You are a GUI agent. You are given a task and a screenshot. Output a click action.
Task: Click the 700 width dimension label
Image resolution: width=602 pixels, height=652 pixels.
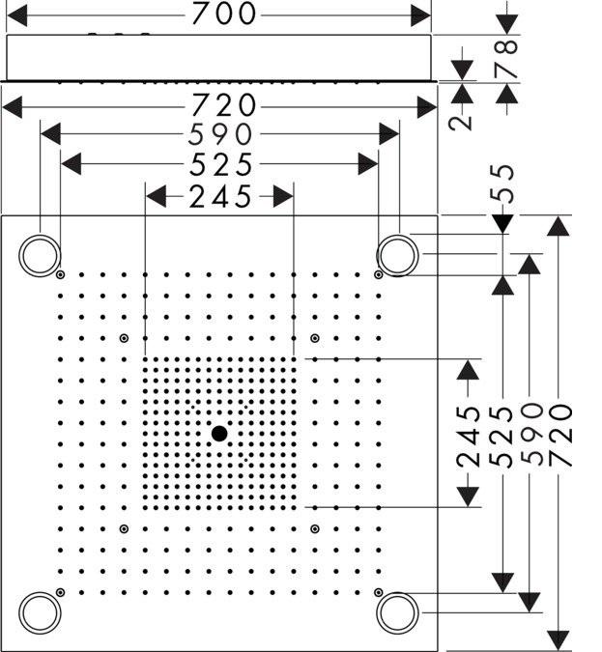pyautogui.click(x=224, y=14)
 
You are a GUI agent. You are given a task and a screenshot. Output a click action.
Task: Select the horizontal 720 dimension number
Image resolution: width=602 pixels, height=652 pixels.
pyautogui.click(x=224, y=104)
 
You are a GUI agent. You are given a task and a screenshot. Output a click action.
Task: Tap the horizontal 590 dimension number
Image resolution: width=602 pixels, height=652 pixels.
pyautogui.click(x=220, y=134)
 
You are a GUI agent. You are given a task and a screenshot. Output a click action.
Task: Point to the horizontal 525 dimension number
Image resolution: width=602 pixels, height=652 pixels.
pyautogui.click(x=220, y=164)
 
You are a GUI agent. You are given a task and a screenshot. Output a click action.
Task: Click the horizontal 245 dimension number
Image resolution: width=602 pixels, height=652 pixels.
pyautogui.click(x=220, y=197)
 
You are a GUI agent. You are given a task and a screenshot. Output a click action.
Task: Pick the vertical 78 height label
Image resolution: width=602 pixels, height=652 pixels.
pyautogui.click(x=506, y=59)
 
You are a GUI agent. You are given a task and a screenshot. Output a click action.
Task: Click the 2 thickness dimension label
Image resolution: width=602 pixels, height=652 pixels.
pyautogui.click(x=461, y=123)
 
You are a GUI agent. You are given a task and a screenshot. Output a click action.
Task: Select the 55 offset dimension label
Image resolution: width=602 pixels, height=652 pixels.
pyautogui.click(x=502, y=184)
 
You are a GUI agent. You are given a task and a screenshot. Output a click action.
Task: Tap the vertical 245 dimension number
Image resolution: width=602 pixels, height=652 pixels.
pyautogui.click(x=468, y=437)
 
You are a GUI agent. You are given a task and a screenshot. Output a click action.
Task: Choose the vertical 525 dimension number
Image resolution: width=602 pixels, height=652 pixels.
pyautogui.click(x=502, y=437)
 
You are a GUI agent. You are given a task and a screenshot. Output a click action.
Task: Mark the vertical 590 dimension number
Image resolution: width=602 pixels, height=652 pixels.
pyautogui.click(x=531, y=434)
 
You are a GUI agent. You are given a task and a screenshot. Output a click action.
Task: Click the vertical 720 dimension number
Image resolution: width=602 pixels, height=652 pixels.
pyautogui.click(x=560, y=434)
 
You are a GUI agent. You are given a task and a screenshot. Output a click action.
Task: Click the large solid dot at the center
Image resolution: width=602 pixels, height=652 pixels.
pyautogui.click(x=219, y=434)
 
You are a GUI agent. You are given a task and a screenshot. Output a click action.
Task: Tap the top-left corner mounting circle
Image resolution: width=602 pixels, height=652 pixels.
pyautogui.click(x=40, y=236)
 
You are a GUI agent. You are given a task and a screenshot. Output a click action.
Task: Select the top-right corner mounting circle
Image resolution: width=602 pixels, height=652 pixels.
pyautogui.click(x=397, y=236)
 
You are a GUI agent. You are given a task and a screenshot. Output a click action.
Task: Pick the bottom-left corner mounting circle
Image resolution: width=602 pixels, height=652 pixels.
pyautogui.click(x=40, y=593)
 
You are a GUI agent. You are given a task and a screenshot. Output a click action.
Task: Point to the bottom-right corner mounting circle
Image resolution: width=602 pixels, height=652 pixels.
pyautogui.click(x=397, y=593)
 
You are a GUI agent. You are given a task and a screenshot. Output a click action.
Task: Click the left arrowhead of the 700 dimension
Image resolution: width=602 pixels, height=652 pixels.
pyautogui.click(x=17, y=15)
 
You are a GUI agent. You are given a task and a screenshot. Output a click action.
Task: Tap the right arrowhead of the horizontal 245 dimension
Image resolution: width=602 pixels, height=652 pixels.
pyautogui.click(x=283, y=196)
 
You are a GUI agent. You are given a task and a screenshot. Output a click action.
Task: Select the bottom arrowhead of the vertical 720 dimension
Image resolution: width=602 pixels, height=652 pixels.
pyautogui.click(x=558, y=640)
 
